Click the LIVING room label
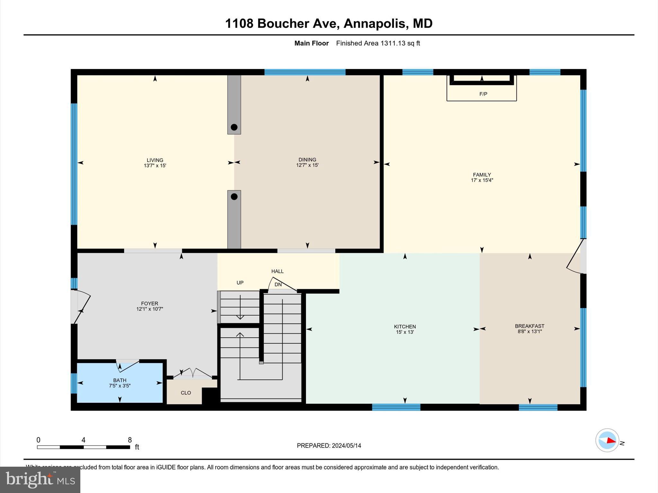pos(155,160)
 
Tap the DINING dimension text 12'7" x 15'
pos(307,165)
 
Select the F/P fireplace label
pos(483,94)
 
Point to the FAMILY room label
pos(482,175)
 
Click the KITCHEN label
pos(405,326)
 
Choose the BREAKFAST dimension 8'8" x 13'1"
pos(529,332)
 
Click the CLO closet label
pos(186,393)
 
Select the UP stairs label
pos(240,283)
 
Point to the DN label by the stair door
pos(278,285)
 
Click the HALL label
pos(277,271)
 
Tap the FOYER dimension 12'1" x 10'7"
pos(150,309)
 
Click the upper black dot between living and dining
pos(234,127)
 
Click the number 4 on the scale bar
pos(84,440)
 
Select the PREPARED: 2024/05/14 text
pos(329,445)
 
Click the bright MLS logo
pos(40,480)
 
